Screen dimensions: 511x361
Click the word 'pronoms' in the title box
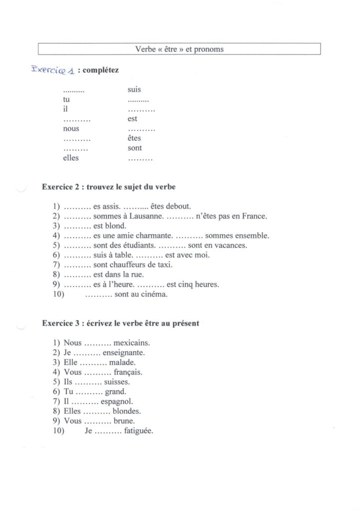click(x=210, y=49)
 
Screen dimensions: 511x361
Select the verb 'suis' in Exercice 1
click(x=134, y=90)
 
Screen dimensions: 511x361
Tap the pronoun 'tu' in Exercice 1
click(x=66, y=100)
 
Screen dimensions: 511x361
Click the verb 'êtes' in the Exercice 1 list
click(x=134, y=138)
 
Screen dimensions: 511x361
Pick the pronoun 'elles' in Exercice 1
click(x=71, y=158)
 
